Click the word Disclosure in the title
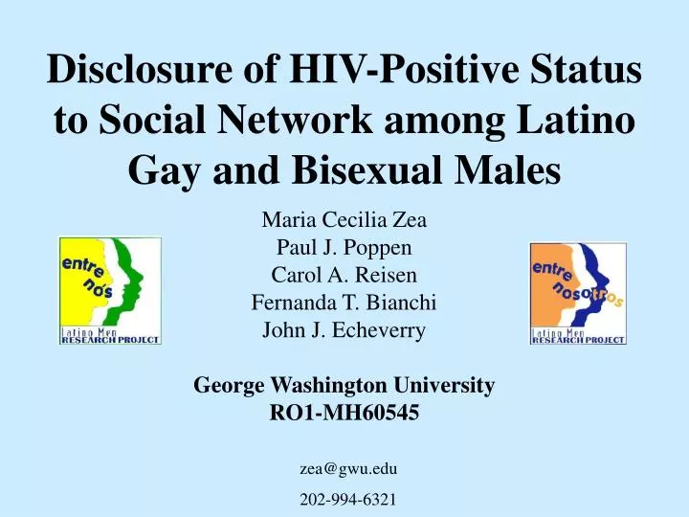(139, 69)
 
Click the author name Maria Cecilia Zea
(344, 220)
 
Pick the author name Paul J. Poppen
(344, 247)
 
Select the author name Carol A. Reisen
(344, 275)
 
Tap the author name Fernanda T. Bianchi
(344, 303)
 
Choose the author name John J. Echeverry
(344, 330)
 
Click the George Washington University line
(344, 385)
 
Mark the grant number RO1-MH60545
(344, 413)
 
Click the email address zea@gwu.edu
(348, 469)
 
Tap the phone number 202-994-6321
(348, 500)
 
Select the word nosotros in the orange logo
(588, 296)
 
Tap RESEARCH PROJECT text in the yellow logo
(110, 340)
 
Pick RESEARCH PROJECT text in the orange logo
(578, 340)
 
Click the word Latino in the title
(576, 120)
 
